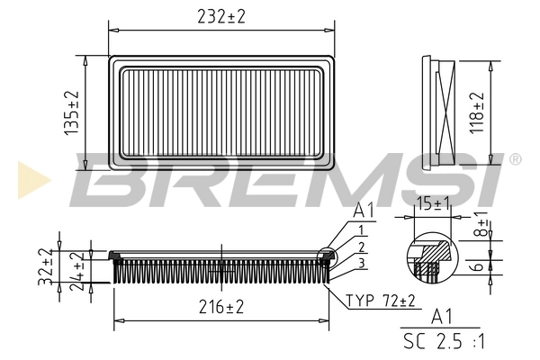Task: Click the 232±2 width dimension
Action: click(220, 15)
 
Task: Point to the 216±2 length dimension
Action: click(220, 308)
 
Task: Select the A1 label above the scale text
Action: click(442, 318)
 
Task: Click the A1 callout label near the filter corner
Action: click(363, 211)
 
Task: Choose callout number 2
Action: click(360, 247)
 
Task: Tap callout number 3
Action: click(360, 262)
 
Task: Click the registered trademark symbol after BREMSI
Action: click(515, 159)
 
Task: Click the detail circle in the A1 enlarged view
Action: click(434, 256)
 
